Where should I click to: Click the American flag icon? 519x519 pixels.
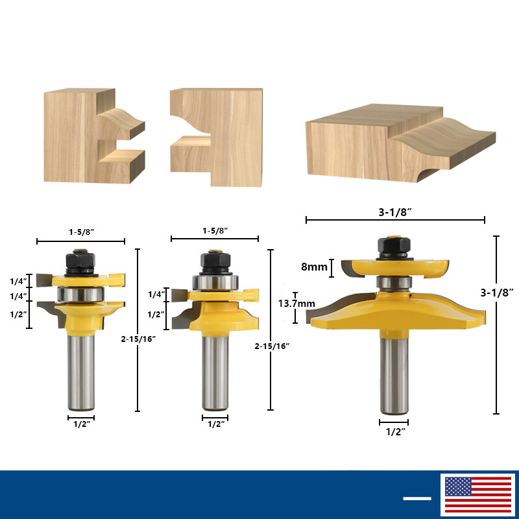477,496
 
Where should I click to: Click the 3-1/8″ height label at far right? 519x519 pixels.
496,293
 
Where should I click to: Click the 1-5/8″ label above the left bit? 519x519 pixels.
80,231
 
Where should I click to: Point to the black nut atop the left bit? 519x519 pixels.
80,261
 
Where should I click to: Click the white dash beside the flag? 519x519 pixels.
417,498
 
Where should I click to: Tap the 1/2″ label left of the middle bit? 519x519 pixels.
156,314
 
